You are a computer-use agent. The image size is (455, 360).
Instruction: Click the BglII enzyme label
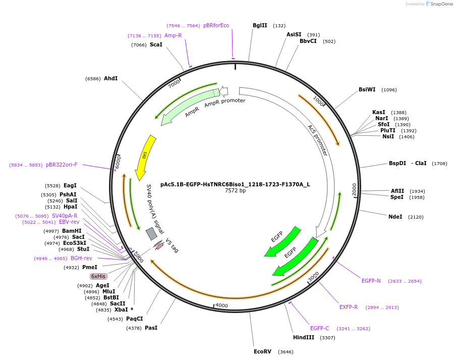(260, 26)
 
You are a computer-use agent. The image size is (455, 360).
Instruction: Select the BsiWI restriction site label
(367, 90)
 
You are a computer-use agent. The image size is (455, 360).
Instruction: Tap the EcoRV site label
(262, 351)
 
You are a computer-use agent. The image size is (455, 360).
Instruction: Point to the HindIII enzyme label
(304, 337)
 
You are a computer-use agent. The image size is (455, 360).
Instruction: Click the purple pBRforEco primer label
(216, 26)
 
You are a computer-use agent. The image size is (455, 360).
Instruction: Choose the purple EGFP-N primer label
(371, 281)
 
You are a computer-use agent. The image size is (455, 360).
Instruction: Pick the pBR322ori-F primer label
(62, 165)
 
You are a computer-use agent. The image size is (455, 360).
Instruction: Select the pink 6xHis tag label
(98, 276)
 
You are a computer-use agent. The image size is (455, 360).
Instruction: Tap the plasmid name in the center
(235, 184)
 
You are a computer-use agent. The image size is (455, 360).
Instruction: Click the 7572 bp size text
(235, 191)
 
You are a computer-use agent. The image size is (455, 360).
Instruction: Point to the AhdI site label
(110, 79)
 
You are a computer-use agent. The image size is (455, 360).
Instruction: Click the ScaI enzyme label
(156, 45)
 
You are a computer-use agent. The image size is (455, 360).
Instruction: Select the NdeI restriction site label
(395, 217)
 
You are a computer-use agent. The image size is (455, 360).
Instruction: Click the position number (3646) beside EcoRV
(286, 351)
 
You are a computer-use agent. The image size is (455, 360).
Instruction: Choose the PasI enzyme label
(151, 328)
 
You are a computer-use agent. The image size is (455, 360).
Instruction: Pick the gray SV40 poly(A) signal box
(151, 233)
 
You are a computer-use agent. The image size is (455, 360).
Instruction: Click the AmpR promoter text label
(225, 101)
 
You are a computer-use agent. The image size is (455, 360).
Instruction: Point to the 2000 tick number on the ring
(355, 189)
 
